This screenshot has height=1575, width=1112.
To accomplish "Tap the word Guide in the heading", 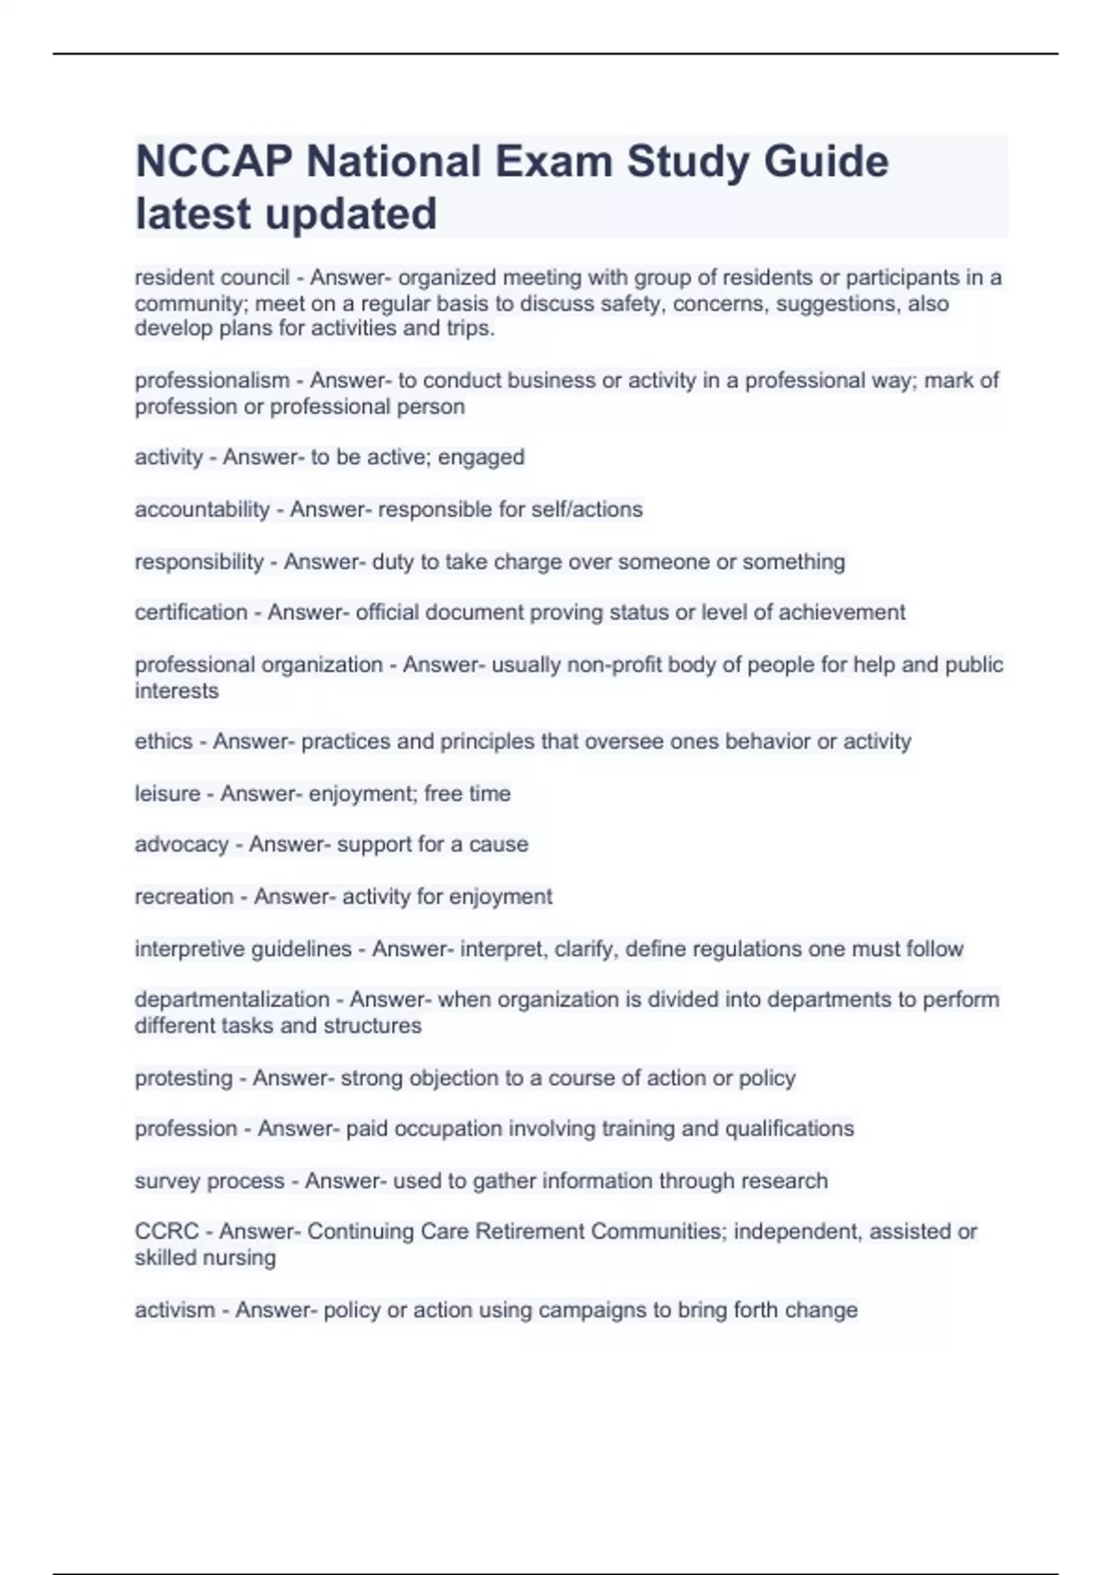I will click(x=826, y=162).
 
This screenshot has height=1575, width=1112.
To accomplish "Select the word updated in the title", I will click(x=351, y=214).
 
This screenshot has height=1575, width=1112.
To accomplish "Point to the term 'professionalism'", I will click(x=211, y=381).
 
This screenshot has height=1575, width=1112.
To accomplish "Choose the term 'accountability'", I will click(x=202, y=510).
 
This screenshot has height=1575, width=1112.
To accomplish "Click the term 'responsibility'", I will click(x=199, y=562).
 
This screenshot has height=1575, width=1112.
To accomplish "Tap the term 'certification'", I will click(x=191, y=612).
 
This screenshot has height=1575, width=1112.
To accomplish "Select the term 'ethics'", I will click(x=163, y=741).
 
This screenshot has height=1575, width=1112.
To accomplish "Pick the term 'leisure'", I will click(x=167, y=794).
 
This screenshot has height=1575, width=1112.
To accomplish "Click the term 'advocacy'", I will click(x=182, y=844).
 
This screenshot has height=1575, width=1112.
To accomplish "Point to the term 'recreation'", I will click(x=183, y=897).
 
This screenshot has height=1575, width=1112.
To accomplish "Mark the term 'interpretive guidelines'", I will click(x=243, y=950).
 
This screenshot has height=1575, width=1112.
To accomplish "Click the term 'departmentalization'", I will click(x=232, y=1000).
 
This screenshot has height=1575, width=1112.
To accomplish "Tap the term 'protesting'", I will click(x=183, y=1078).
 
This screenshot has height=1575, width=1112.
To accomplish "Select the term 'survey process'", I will click(x=209, y=1181).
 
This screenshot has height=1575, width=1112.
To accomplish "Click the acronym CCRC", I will click(x=167, y=1231).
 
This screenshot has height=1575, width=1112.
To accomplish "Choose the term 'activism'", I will click(x=174, y=1310).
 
